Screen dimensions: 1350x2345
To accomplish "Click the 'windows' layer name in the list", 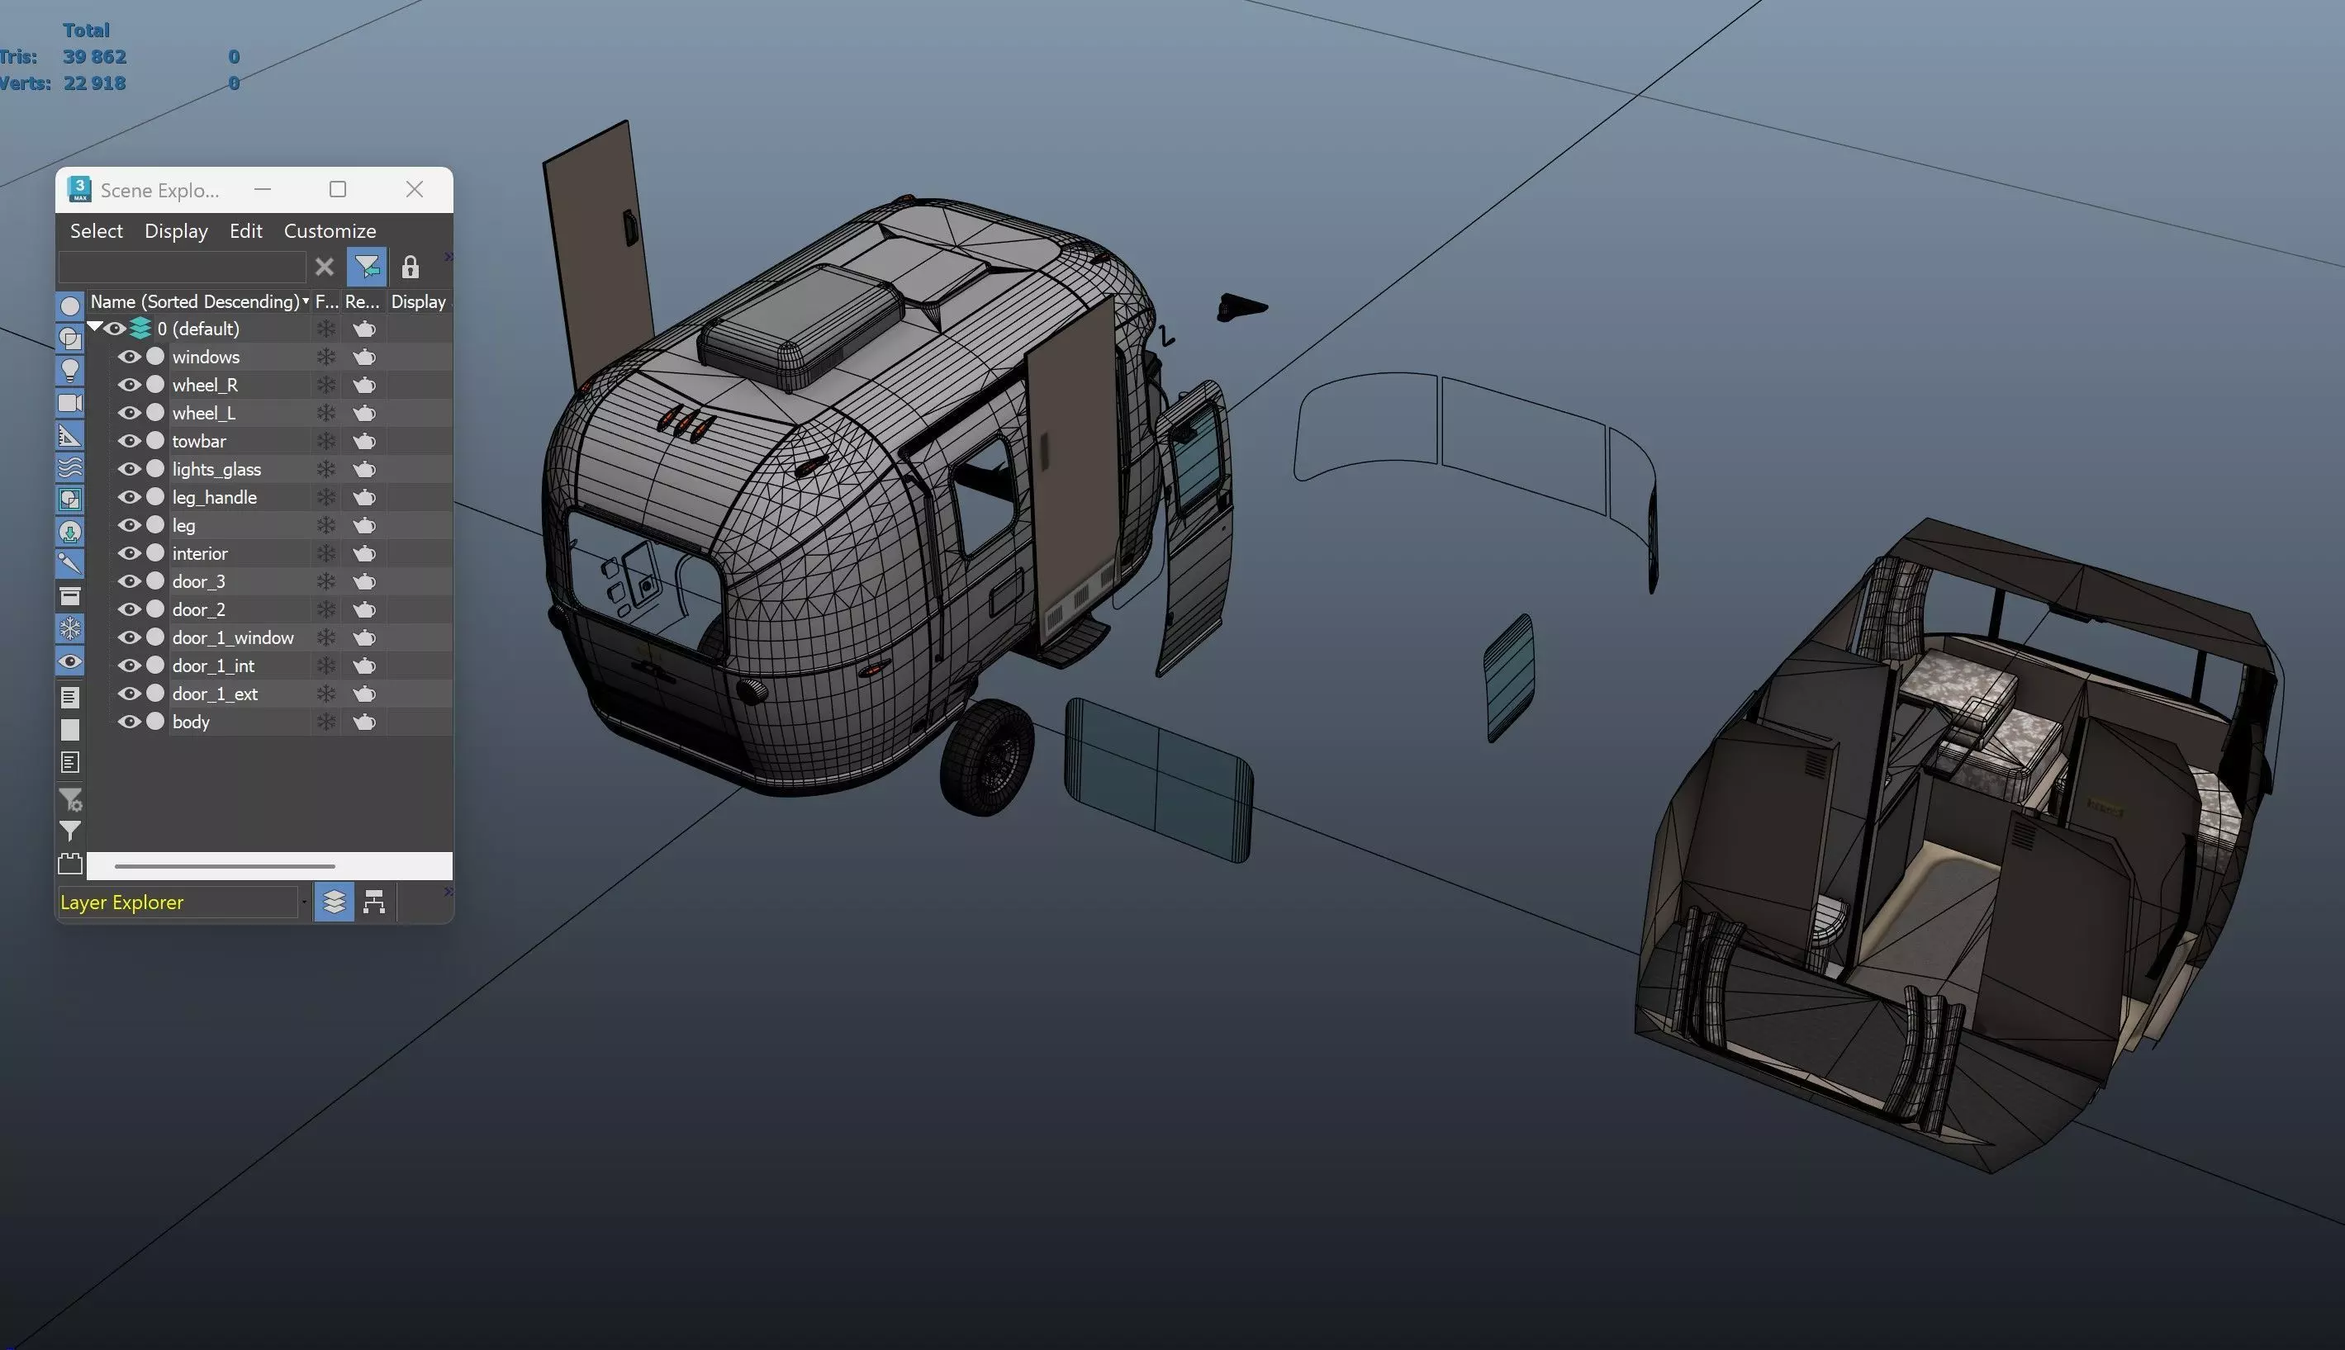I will (206, 357).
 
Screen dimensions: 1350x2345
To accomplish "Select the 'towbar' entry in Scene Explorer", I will (199, 442).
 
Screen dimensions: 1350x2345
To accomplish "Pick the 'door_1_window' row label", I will (233, 638).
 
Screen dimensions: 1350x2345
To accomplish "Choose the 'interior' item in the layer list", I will (200, 553).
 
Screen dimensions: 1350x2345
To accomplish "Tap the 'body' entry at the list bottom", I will (191, 722).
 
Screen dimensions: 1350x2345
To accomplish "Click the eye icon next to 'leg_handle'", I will (129, 497).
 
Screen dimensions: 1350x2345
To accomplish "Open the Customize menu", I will (330, 231).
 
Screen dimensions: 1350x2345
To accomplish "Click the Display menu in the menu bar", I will (176, 231).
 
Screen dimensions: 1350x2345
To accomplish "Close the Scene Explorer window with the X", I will (415, 189).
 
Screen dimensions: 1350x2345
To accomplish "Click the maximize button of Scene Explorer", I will (338, 189).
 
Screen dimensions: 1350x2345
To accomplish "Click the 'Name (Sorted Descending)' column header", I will (195, 301).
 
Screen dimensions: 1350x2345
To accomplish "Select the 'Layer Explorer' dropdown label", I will (121, 902).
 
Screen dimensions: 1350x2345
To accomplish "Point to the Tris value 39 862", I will (95, 56).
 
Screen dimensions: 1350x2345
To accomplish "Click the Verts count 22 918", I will (95, 83).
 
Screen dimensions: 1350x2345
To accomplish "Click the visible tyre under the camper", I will (985, 757).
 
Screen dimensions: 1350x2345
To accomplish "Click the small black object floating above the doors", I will (1240, 308).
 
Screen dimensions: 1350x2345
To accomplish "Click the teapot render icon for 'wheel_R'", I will (364, 385).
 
